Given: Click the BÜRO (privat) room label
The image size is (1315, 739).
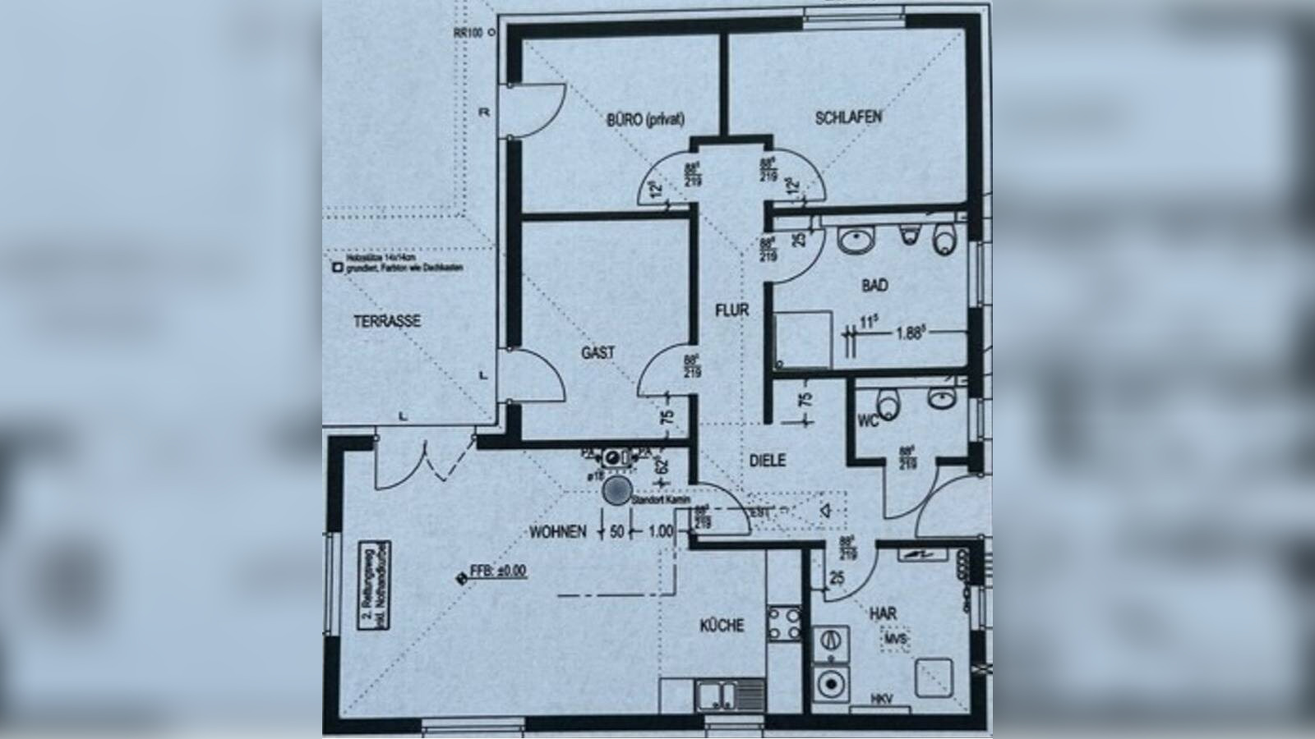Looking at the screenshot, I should click(x=646, y=119).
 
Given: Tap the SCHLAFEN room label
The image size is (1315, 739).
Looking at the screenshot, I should click(x=849, y=117).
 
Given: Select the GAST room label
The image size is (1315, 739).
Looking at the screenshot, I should click(x=598, y=353).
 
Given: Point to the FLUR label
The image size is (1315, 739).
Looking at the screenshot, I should click(x=731, y=310).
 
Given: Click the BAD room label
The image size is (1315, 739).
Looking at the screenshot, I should click(x=874, y=286).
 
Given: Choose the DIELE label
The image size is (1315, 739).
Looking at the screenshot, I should click(x=767, y=461).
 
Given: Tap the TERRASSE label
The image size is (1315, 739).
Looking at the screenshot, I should click(x=387, y=321).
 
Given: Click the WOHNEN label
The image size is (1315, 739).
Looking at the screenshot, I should click(x=558, y=532).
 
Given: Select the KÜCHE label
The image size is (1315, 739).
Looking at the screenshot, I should click(x=722, y=626).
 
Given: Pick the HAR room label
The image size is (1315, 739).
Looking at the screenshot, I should click(x=883, y=613).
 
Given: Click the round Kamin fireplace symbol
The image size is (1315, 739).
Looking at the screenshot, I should click(x=616, y=492).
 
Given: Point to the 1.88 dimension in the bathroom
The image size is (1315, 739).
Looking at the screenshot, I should click(x=912, y=333).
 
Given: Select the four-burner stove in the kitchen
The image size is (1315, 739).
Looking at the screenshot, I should click(x=784, y=623).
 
